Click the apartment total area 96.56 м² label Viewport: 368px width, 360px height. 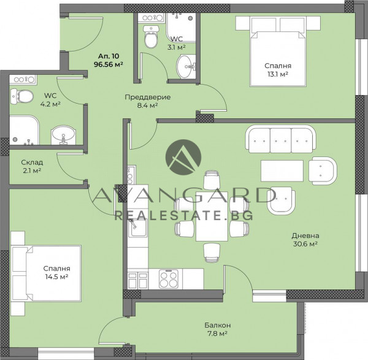coord(109,64)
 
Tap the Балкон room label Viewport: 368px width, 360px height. coord(218,325)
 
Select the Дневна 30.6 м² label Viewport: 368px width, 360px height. coord(305,240)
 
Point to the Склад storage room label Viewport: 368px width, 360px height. coord(32,162)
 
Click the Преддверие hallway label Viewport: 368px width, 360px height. coord(148,97)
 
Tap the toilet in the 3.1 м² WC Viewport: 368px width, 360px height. coord(150,37)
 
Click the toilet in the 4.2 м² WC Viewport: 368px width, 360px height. coord(22,96)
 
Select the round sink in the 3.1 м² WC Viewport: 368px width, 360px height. coord(186,67)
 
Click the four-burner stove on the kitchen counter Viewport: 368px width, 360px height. coord(169,279)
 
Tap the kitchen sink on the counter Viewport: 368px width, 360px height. coord(138,227)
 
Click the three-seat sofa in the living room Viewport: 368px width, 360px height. coord(280,139)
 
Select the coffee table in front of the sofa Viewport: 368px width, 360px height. coord(282,171)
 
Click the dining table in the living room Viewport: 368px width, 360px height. coord(212,216)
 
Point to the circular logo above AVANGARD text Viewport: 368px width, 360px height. coord(183,157)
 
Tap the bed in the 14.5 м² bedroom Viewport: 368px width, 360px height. coord(46,274)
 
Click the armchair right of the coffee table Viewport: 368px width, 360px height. coord(323,171)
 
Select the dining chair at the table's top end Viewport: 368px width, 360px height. coord(212,180)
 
